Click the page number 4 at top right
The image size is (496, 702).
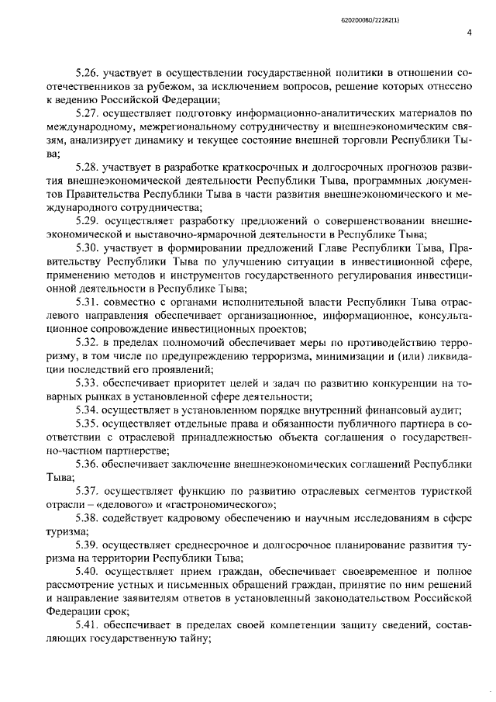(470, 32)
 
